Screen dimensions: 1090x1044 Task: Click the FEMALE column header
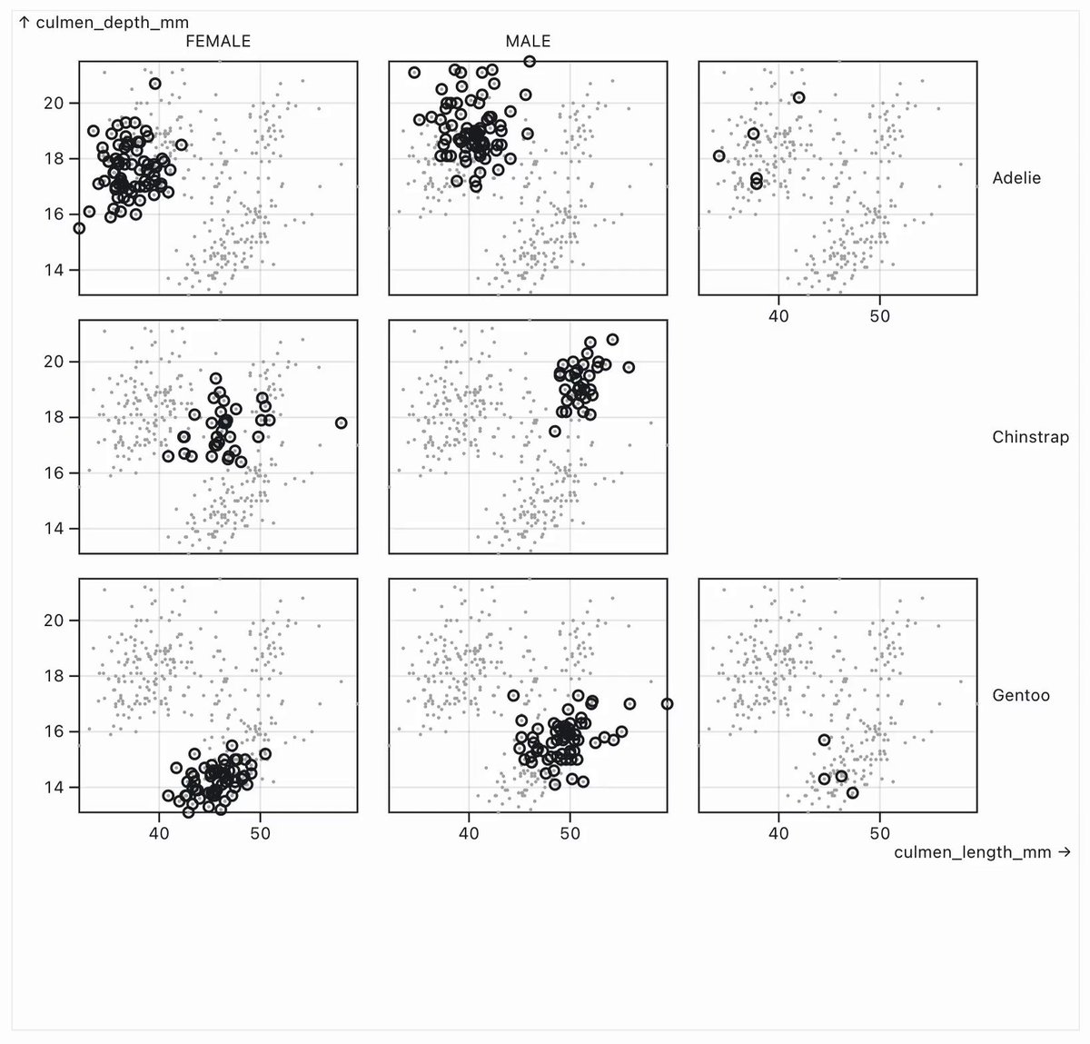click(218, 41)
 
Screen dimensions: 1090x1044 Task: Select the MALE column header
click(528, 41)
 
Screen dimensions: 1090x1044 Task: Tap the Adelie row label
click(1016, 178)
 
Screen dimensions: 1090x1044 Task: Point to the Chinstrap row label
click(1030, 436)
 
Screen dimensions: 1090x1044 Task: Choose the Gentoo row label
click(1021, 695)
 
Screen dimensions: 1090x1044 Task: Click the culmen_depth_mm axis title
click(104, 23)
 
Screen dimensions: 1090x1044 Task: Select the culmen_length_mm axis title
click(982, 851)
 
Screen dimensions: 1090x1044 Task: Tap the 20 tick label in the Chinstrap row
click(54, 362)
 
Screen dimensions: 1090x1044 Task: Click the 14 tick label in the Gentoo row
click(54, 787)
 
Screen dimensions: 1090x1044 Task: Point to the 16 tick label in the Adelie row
click(54, 214)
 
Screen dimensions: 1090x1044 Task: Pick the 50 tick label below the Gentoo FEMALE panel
click(260, 833)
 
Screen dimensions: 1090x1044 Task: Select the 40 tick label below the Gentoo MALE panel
click(469, 833)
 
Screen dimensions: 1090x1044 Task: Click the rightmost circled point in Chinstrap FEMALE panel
click(342, 423)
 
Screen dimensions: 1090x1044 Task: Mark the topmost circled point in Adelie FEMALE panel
click(155, 84)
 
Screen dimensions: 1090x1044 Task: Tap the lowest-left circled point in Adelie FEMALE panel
click(80, 228)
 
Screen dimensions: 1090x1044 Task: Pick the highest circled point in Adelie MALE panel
click(530, 61)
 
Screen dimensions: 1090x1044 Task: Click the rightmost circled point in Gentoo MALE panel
click(667, 704)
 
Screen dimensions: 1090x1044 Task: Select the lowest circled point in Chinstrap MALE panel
click(554, 431)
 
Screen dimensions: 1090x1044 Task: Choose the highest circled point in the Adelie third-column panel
click(798, 97)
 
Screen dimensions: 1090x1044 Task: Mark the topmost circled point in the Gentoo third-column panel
click(824, 740)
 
